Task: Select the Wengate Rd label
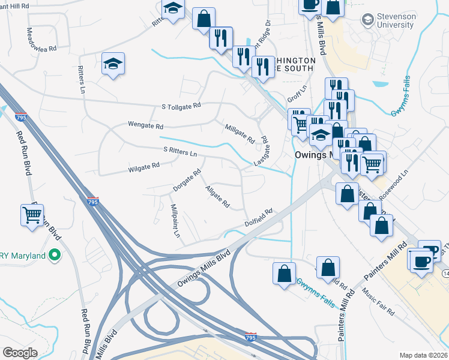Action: pyautogui.click(x=145, y=127)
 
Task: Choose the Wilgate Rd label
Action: pyautogui.click(x=143, y=166)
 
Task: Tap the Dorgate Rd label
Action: pyautogui.click(x=187, y=180)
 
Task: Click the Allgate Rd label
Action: pyautogui.click(x=217, y=197)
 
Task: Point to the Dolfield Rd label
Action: pyautogui.click(x=259, y=217)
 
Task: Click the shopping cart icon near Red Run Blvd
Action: pyautogui.click(x=32, y=214)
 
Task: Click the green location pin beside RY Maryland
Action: pyautogui.click(x=55, y=256)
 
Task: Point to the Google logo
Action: pyautogui.click(x=20, y=352)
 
